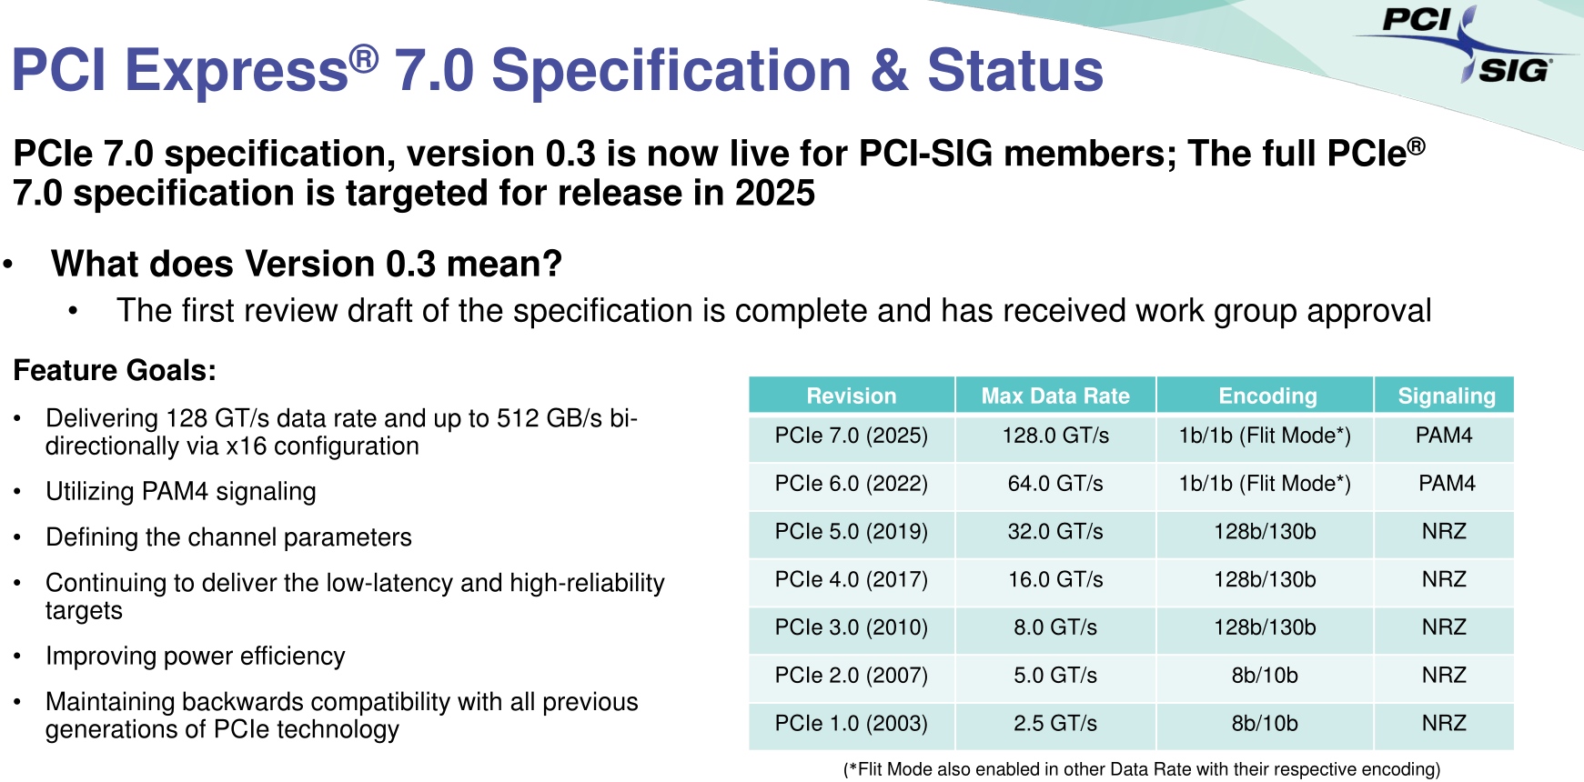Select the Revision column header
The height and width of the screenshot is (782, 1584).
[x=851, y=396]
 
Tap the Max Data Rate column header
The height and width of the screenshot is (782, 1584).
[x=1054, y=396]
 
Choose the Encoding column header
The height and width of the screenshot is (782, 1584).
[x=1267, y=396]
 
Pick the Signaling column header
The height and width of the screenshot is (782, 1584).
[x=1447, y=396]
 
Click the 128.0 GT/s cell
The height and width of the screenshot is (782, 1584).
[x=1055, y=436]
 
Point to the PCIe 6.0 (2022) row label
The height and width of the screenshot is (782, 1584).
[x=851, y=484]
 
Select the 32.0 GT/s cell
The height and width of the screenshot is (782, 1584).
[x=1055, y=532]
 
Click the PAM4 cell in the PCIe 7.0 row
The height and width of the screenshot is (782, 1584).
[x=1444, y=436]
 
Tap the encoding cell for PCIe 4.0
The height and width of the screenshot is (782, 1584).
[x=1265, y=580]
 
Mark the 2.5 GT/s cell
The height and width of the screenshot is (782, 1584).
[x=1055, y=724]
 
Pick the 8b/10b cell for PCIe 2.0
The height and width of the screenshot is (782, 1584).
[x=1265, y=676]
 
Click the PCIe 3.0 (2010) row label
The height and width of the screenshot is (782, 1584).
[x=851, y=627]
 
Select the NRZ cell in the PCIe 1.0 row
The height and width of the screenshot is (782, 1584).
[x=1444, y=724]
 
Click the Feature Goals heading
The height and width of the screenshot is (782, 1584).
[x=115, y=370]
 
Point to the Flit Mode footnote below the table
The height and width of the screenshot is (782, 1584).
[x=1142, y=769]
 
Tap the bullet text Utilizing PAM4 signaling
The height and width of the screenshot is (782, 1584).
[x=181, y=492]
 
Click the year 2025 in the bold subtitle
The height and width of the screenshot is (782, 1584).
[x=775, y=193]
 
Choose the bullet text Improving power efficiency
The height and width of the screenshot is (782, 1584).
[x=196, y=657]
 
